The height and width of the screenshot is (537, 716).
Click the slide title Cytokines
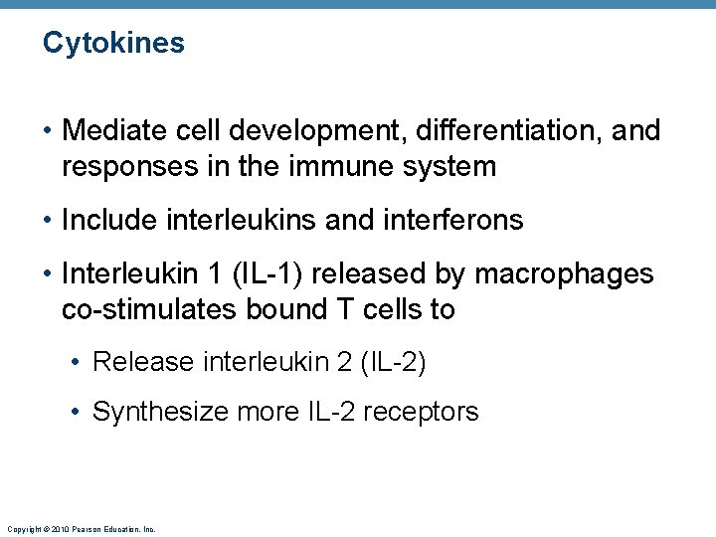click(113, 44)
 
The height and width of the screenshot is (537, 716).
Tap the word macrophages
click(570, 273)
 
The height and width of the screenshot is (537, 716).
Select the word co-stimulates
click(145, 309)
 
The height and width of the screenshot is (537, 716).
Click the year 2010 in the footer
click(57, 529)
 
